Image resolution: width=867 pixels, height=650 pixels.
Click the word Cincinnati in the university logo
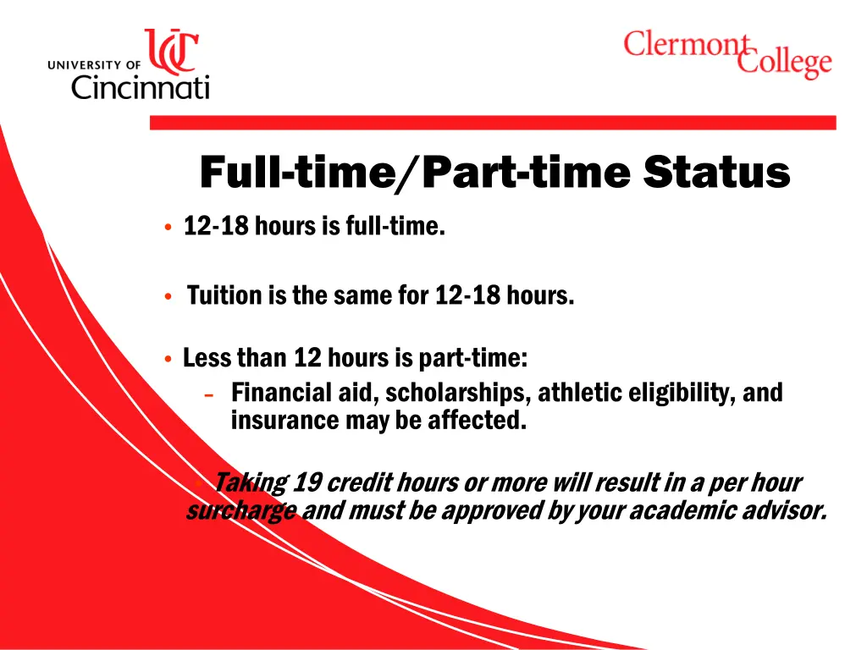[140, 85]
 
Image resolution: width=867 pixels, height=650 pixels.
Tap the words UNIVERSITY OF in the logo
[94, 64]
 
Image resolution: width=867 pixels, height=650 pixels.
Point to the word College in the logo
[785, 62]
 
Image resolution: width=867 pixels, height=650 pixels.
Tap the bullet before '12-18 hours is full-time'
[169, 228]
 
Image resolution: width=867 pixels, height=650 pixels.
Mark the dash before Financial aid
[209, 394]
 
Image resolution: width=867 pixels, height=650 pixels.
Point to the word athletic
[574, 393]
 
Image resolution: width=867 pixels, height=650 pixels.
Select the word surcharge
[240, 510]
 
